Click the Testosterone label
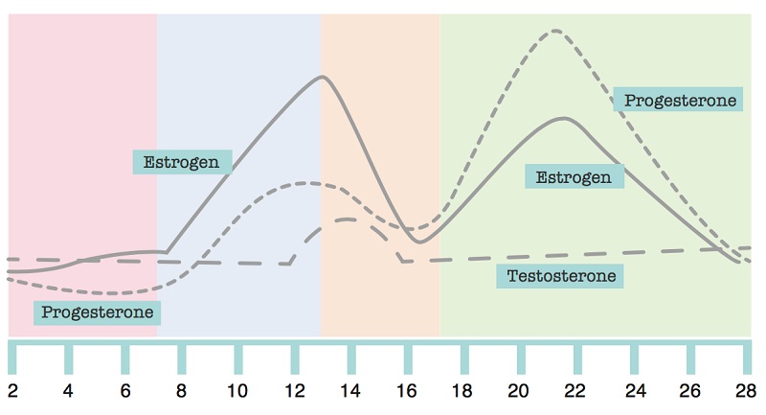[560, 277]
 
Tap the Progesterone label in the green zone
[680, 100]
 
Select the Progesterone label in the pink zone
[98, 312]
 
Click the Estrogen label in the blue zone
[182, 161]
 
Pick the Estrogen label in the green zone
[574, 176]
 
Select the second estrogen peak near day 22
[565, 118]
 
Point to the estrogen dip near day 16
[419, 242]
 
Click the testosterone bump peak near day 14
[347, 219]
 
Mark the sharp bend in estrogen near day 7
[168, 252]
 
